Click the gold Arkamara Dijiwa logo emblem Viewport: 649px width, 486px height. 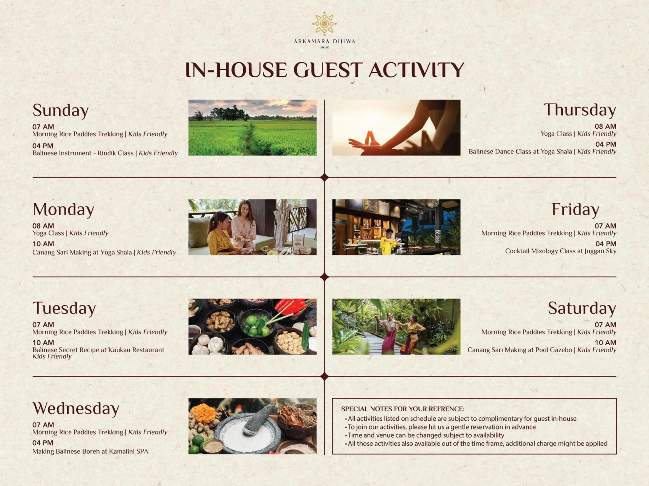324,24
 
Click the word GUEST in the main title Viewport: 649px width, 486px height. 328,70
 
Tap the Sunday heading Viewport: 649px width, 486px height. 60,110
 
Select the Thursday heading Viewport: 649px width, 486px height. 580,110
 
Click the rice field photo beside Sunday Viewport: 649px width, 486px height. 252,127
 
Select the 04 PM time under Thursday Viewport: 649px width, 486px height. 606,145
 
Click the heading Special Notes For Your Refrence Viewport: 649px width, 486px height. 403,409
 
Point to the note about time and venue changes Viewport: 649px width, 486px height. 426,435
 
